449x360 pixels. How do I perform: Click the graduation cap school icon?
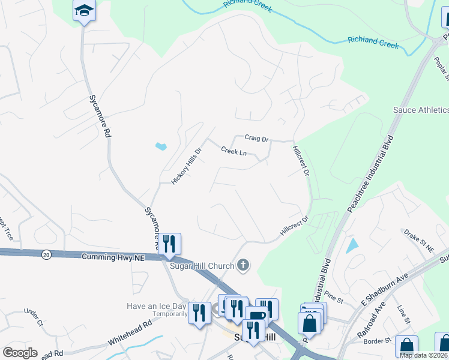click(x=85, y=11)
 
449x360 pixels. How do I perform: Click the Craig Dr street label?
click(x=256, y=138)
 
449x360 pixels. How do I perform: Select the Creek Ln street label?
click(x=234, y=151)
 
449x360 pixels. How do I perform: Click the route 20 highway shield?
click(x=46, y=254)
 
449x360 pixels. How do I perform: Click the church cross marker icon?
click(x=243, y=265)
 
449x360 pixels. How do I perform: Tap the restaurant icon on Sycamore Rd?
click(x=169, y=244)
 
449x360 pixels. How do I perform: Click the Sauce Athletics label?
click(x=420, y=110)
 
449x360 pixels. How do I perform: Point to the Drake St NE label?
click(x=418, y=238)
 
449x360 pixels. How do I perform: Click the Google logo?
click(x=20, y=352)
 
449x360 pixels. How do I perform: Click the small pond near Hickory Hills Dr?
click(x=161, y=146)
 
